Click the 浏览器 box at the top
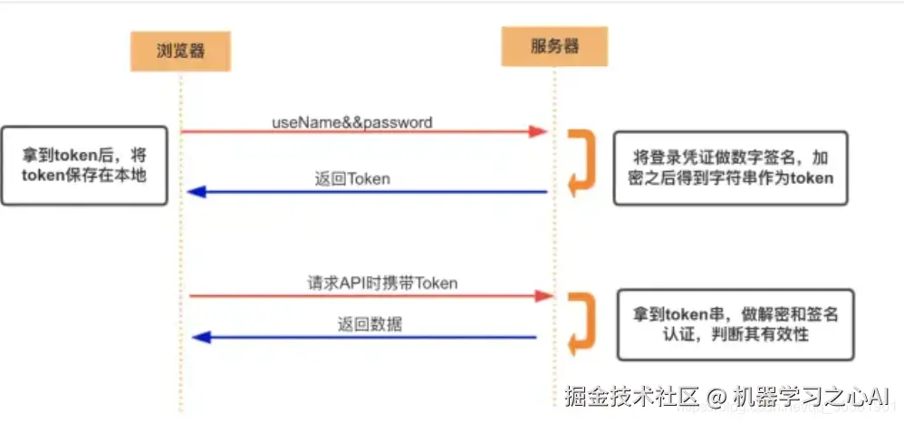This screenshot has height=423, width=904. (180, 51)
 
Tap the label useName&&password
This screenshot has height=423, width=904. (352, 121)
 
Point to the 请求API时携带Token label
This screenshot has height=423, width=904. (381, 283)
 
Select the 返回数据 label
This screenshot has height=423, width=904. (370, 324)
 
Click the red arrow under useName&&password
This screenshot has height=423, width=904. (362, 132)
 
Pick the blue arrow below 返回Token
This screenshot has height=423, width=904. (362, 192)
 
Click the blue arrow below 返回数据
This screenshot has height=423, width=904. (362, 337)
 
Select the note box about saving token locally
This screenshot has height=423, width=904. (83, 165)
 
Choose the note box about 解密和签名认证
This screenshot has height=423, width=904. (735, 324)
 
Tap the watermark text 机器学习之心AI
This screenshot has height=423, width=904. (812, 396)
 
